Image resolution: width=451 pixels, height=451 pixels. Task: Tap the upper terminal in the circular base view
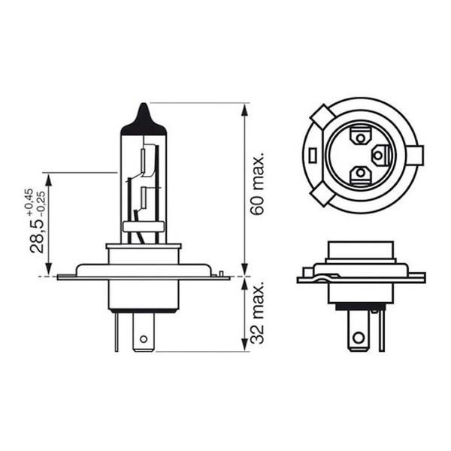point(359,138)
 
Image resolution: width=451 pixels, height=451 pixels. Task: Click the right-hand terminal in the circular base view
point(380,155)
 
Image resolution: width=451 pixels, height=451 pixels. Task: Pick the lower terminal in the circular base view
point(361,174)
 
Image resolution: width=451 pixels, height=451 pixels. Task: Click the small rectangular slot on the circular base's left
point(311,155)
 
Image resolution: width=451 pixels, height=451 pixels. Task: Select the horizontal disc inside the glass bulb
point(143,226)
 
